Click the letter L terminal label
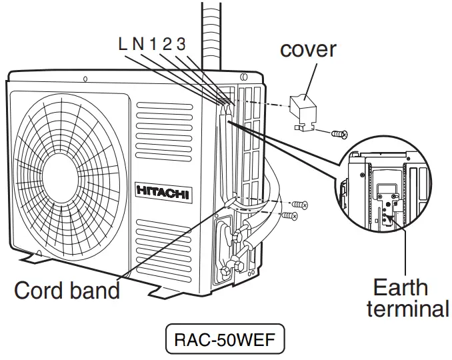123,45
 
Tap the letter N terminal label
137,45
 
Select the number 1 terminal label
152,45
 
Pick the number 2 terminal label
166,45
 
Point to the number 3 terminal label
181,45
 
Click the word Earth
400,288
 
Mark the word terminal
407,310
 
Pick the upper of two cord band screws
300,204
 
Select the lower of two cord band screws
290,216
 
